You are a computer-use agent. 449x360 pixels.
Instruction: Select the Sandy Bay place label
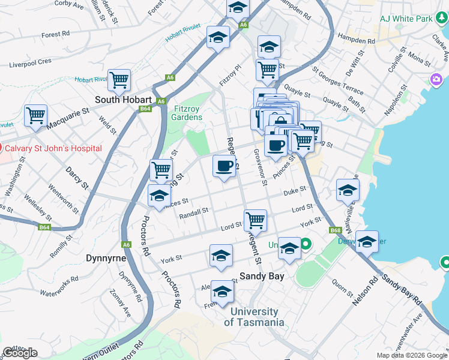(262, 277)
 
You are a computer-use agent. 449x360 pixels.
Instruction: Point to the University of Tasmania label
(255, 317)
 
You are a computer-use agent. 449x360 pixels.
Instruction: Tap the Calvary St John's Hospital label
(51, 148)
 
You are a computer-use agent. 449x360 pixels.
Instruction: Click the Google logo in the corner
(20, 352)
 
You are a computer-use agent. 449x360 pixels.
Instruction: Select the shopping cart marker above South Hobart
(119, 79)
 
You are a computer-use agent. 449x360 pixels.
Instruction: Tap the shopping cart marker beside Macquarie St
(35, 115)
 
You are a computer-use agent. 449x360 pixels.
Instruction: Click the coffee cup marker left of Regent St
(224, 166)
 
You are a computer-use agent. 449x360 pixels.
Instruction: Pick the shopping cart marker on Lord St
(255, 220)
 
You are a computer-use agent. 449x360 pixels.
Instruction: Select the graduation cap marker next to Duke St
(348, 190)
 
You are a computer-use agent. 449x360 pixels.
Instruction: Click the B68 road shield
(335, 230)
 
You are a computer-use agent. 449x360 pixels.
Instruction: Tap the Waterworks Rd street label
(59, 286)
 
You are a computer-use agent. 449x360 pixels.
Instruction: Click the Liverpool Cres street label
(30, 62)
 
